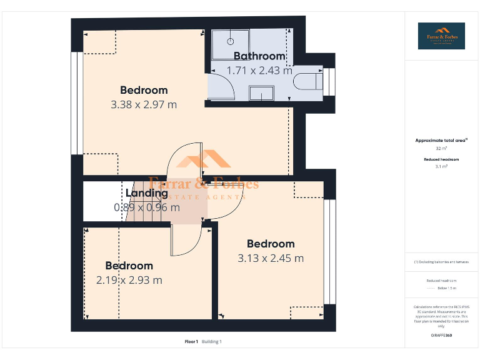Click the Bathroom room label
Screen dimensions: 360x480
[x=259, y=56]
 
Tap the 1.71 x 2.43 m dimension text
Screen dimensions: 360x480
[x=259, y=71]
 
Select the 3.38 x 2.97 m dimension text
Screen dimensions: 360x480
[x=144, y=104]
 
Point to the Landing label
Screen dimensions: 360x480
[x=147, y=193]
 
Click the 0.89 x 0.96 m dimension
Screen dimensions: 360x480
[x=147, y=207]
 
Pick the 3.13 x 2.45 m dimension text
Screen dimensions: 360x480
[x=271, y=258]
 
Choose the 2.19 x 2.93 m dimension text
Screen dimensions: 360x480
[x=129, y=280]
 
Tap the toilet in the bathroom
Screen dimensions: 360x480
[x=309, y=80]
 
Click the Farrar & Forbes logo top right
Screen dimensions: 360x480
[x=441, y=36]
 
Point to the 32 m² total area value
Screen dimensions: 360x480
[x=441, y=149]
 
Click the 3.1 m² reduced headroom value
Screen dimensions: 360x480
[x=441, y=167]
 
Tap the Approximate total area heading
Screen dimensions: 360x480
[x=441, y=141]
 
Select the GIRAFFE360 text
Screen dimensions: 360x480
[x=441, y=336]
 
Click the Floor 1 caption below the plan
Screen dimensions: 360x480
[x=191, y=342]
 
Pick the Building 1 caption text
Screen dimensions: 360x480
[x=212, y=342]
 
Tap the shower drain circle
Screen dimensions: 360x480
[x=230, y=41]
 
